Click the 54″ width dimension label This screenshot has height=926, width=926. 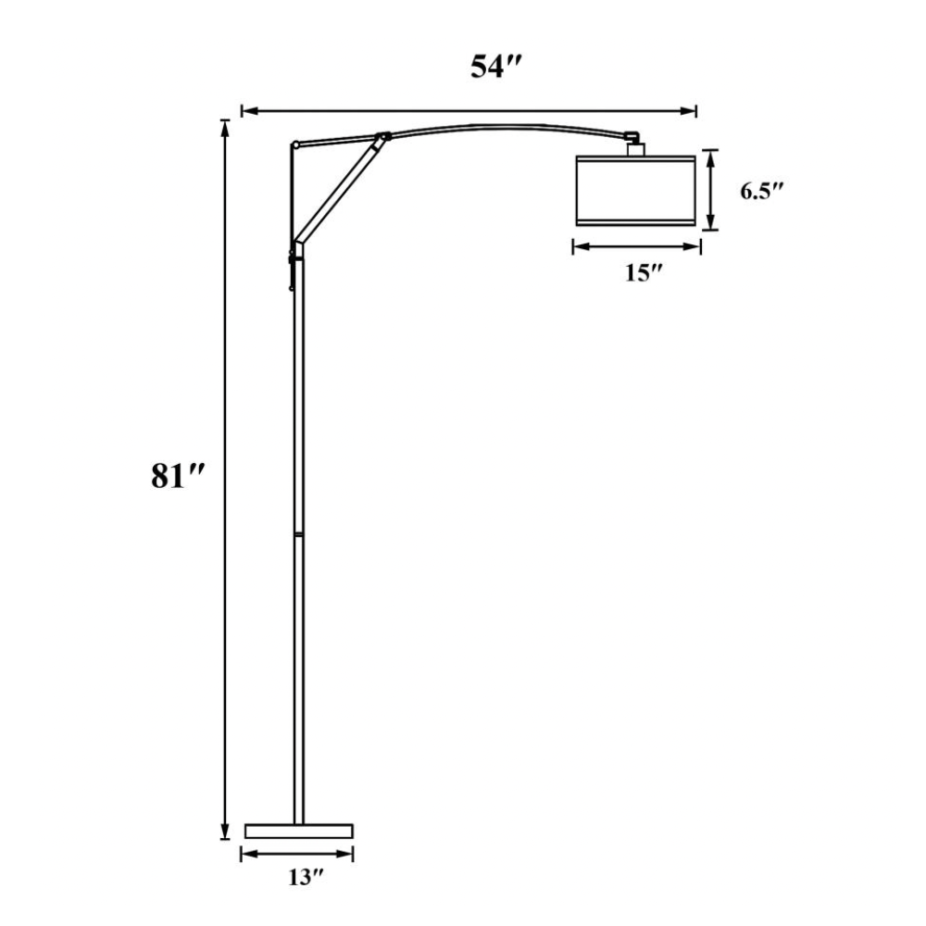coord(491,69)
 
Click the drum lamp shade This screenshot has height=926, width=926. coord(635,191)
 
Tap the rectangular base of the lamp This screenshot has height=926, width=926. coord(298,830)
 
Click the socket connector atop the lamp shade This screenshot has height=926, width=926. coord(635,146)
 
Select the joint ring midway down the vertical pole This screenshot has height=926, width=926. coord(298,534)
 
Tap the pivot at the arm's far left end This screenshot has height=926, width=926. coord(294,144)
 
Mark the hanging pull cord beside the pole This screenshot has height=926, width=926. coord(291,274)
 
